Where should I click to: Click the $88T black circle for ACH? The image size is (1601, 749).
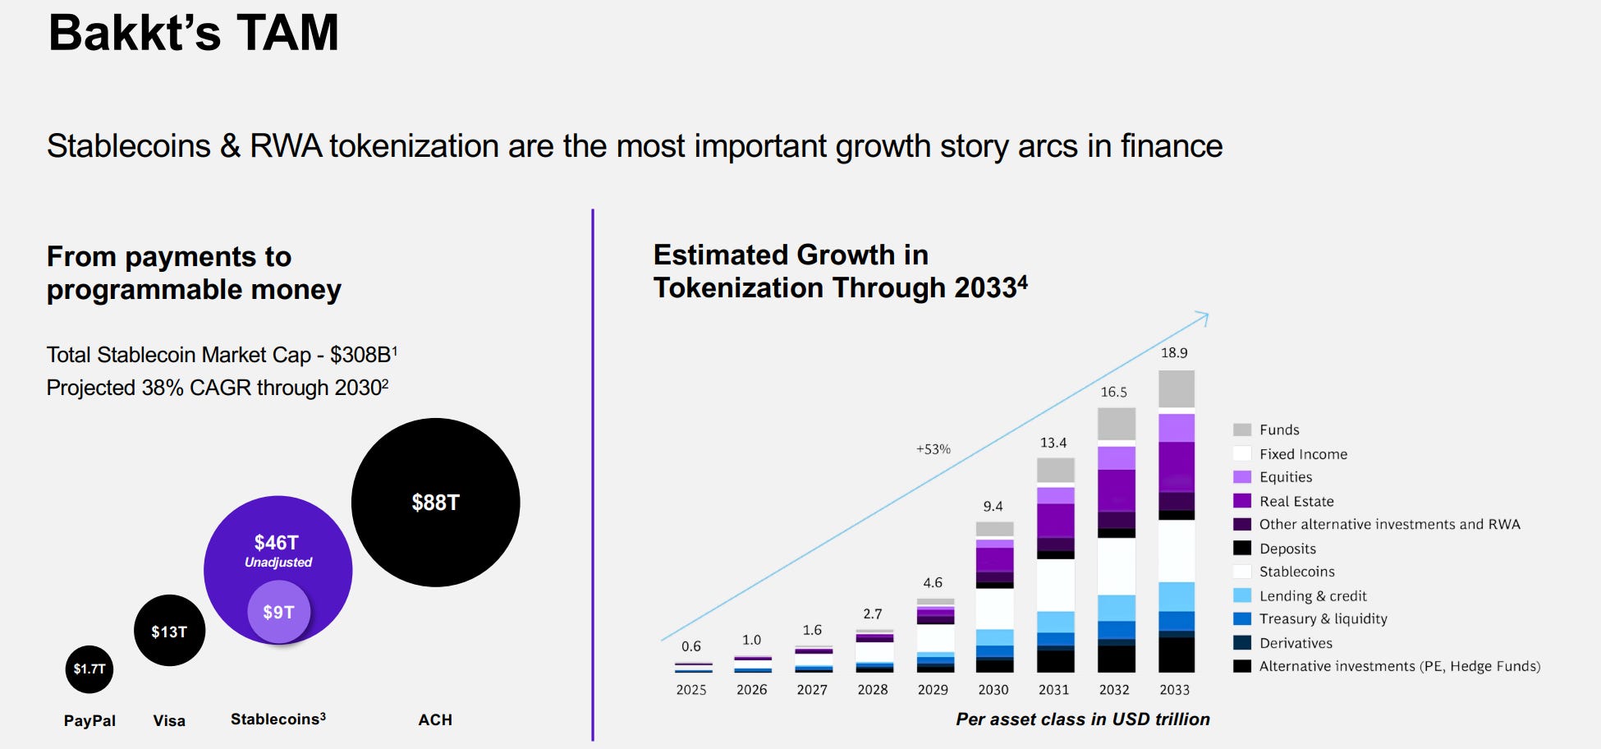pos(435,503)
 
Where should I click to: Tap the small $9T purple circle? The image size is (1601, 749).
pos(278,613)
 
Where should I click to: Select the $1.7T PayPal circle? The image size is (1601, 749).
pos(89,669)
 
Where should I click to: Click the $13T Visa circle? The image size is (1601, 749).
pos(169,632)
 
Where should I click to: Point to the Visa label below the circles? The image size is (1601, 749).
pos(169,721)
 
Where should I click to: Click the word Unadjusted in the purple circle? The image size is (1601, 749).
pos(278,563)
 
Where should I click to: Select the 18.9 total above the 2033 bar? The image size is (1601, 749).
pos(1174,353)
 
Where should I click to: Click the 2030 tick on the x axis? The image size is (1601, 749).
pos(993,690)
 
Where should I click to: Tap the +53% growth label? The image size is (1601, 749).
pos(934,449)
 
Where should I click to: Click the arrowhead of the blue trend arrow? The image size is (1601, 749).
pos(1204,316)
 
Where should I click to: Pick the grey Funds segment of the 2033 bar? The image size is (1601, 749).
pos(1176,389)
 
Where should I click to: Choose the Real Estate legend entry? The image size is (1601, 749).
pos(1296,501)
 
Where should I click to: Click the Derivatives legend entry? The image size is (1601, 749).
pos(1296,643)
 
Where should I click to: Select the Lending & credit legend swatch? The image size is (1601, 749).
pos(1242,595)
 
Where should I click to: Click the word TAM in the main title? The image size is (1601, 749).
pos(287,33)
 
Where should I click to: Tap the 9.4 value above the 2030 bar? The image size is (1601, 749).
pos(993,507)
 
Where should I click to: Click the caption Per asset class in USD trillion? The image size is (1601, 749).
pos(1082,719)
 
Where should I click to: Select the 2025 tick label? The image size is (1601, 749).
pos(691,690)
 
